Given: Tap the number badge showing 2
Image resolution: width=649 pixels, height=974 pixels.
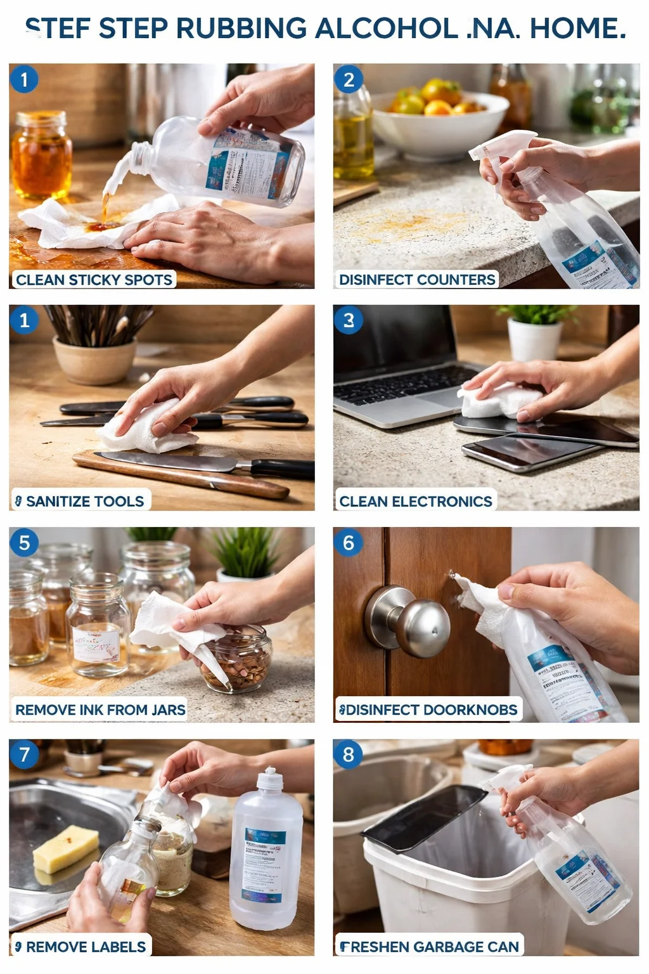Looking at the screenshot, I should pos(348,80).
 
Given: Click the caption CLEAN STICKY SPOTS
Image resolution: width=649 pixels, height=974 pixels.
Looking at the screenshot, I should pos(94,280).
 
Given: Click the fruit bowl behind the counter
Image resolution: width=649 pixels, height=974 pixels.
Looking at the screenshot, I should pos(437,120).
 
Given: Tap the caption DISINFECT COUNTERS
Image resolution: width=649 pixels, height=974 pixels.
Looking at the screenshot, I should pos(417,280).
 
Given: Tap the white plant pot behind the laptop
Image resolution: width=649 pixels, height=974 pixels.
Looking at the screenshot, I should pos(534,339).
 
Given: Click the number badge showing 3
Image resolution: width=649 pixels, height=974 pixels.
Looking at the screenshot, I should pos(348,320).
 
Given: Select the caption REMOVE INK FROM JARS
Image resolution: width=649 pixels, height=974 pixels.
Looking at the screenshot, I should pos(100,710).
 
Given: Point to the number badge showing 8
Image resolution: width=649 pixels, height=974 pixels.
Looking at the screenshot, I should pos(348,755).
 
